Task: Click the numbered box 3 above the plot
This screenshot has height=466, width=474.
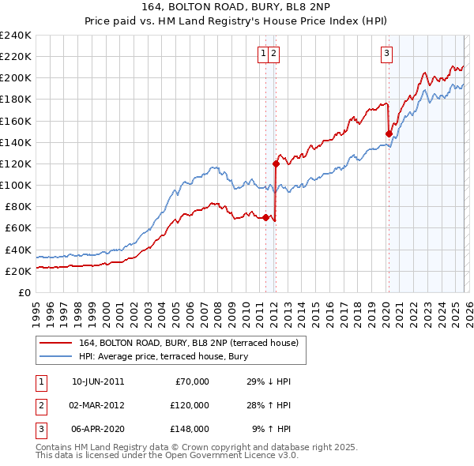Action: click(x=386, y=54)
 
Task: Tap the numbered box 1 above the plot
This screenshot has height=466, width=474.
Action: click(x=263, y=54)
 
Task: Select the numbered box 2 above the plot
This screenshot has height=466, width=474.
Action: click(x=273, y=54)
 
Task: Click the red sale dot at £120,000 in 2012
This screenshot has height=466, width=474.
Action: click(x=276, y=164)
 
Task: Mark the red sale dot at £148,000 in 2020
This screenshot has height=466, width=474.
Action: click(x=389, y=134)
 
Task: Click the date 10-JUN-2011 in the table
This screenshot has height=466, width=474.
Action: click(x=97, y=381)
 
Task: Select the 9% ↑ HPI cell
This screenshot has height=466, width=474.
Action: click(x=271, y=429)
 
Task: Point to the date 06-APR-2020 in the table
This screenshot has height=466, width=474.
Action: click(x=97, y=429)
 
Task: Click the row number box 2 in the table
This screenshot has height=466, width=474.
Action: click(x=40, y=405)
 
